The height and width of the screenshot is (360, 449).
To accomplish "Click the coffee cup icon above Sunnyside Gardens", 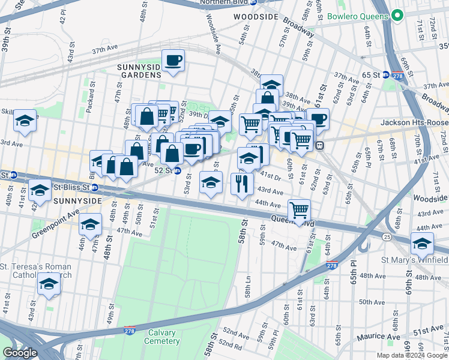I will pyautogui.click(x=173, y=61).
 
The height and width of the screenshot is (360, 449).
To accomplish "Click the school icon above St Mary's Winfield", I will pyautogui.click(x=421, y=244).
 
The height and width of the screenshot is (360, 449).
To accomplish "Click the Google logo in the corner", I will pyautogui.click(x=20, y=353).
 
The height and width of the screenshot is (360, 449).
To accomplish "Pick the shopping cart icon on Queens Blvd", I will pyautogui.click(x=298, y=211).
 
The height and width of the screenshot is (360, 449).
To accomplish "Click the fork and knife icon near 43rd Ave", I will pyautogui.click(x=243, y=183).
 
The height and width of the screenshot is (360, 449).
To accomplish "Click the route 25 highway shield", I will pyautogui.click(x=387, y=238).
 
